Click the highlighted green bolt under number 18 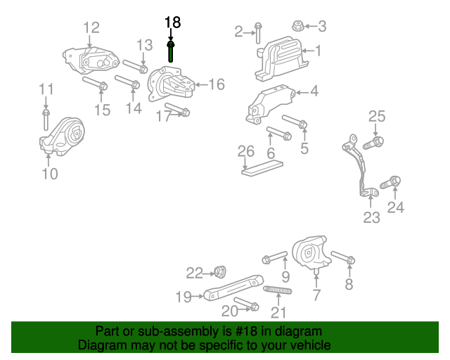(x=171, y=53)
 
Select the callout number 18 (x=172, y=22)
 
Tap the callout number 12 (x=91, y=27)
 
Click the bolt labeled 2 (x=258, y=32)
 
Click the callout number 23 (x=371, y=217)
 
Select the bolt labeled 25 (x=373, y=143)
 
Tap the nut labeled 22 (x=218, y=271)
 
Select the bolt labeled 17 (x=181, y=111)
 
